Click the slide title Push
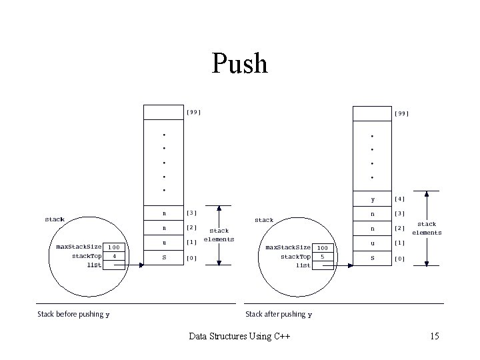coord(240,64)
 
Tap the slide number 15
coord(435,336)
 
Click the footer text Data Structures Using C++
coord(240,336)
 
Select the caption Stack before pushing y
coord(73,314)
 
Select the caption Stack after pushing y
coord(279,314)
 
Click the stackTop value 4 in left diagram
coord(115,255)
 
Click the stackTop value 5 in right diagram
coord(323,256)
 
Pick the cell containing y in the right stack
coord(373,199)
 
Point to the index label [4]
coord(400,199)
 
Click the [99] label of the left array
coord(193,112)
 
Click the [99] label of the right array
coord(401,113)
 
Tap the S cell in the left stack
coord(164,257)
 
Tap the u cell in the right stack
coord(373,243)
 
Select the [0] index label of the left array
coord(192,257)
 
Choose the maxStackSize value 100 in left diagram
coord(115,247)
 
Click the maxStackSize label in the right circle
coord(288,247)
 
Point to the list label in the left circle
coord(94,265)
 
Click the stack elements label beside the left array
coord(219,235)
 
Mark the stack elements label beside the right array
coord(427,229)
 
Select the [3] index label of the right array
coord(400,213)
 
